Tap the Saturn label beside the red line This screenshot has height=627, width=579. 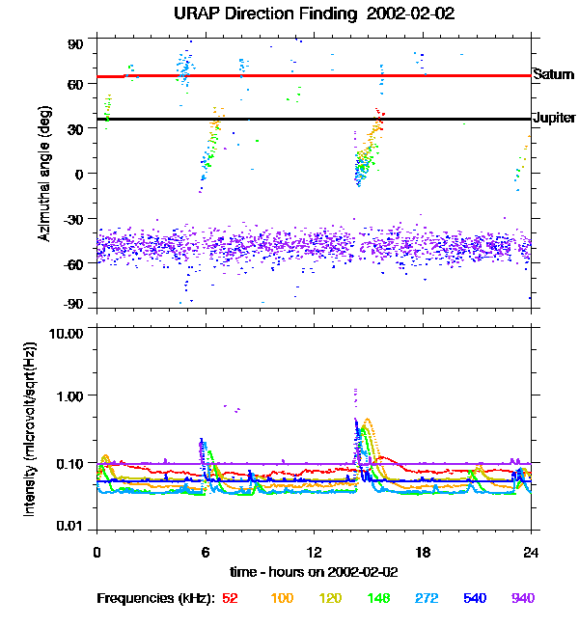pyautogui.click(x=552, y=74)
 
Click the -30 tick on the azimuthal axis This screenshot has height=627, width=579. pyautogui.click(x=73, y=218)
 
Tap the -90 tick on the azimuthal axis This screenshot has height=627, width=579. pyautogui.click(x=73, y=305)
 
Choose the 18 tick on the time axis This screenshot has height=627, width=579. pyautogui.click(x=422, y=552)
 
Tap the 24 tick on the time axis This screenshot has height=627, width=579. pyautogui.click(x=531, y=552)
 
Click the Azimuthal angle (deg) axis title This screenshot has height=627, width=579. pyautogui.click(x=44, y=175)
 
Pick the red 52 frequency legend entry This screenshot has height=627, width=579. pyautogui.click(x=230, y=598)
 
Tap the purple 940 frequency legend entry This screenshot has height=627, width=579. pyautogui.click(x=522, y=598)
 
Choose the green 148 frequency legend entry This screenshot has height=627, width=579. pyautogui.click(x=377, y=598)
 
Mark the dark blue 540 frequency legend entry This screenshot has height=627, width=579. pyautogui.click(x=475, y=598)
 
